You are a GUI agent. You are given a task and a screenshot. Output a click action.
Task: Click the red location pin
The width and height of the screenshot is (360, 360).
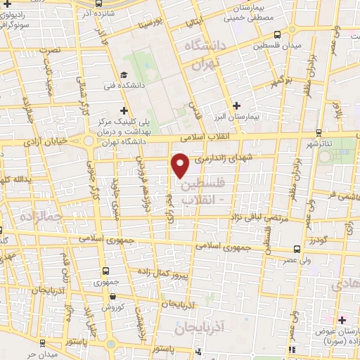(x=181, y=165)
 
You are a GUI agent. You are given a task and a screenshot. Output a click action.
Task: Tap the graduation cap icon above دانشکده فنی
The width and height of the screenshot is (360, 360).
(x=123, y=75)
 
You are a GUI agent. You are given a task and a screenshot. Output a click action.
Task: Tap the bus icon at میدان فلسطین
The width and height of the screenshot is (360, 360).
(x=278, y=34)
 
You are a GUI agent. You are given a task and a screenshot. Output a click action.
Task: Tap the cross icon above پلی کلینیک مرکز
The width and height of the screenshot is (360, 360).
(x=124, y=110)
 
